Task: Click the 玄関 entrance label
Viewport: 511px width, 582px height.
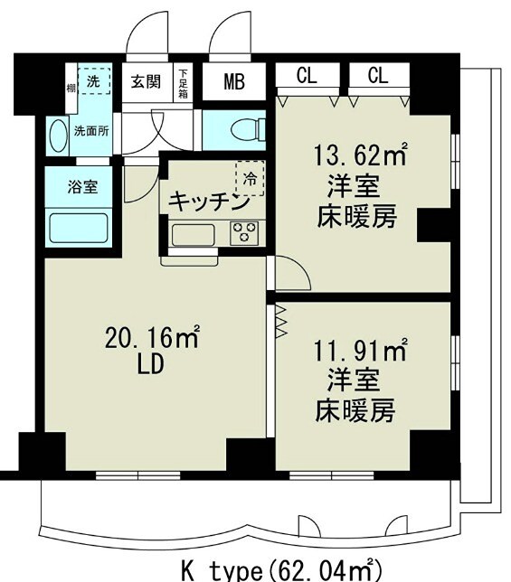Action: (x=146, y=82)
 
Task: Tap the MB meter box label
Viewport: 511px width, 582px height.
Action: (x=234, y=82)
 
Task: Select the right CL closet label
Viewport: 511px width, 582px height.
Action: (x=378, y=76)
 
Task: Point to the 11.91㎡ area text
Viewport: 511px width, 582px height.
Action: (x=360, y=348)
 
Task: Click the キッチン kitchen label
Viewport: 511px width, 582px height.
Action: (x=209, y=201)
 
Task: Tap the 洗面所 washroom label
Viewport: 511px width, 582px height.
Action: (x=91, y=130)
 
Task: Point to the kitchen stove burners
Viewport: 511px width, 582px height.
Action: (x=243, y=232)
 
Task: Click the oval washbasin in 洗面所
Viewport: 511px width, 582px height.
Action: (x=59, y=136)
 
